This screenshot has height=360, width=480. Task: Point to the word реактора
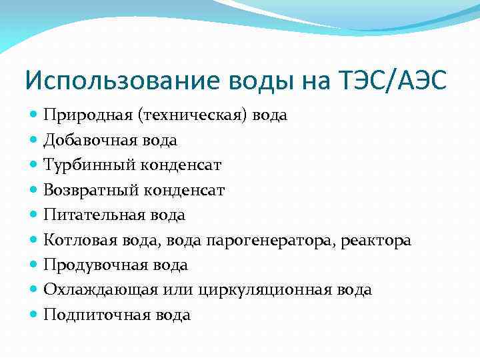[376, 240]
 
